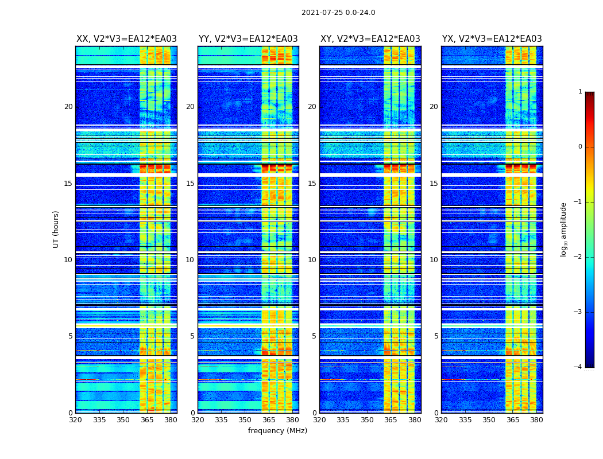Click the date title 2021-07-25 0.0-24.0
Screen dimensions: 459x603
coord(338,13)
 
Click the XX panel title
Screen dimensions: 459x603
coord(126,39)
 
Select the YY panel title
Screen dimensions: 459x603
coord(248,39)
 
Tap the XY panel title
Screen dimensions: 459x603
coord(370,39)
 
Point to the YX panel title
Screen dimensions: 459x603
coord(492,39)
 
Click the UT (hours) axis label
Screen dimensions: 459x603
coord(56,229)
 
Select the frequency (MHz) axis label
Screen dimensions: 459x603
coord(277,431)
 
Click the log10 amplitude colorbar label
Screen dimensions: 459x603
coord(564,229)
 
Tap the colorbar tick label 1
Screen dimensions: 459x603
coord(580,92)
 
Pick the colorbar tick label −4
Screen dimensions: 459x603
coord(579,367)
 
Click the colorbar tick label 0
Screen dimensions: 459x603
coord(580,147)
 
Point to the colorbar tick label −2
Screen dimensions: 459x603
coord(579,257)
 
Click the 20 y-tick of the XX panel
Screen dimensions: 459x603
coord(68,107)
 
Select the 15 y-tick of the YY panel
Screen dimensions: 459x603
coord(190,184)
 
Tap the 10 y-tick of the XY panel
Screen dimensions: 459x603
coord(312,260)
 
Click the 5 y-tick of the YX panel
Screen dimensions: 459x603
coord(436,336)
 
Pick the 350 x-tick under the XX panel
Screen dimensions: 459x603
coord(123,420)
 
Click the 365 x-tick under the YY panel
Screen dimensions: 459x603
coord(269,420)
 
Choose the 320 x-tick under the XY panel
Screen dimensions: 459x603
coord(319,420)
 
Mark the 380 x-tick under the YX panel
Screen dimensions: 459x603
coord(536,420)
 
